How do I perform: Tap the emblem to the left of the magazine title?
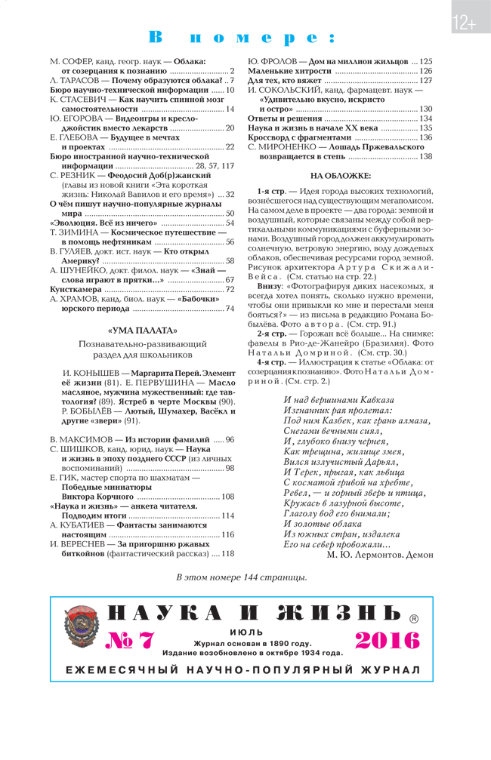pyautogui.click(x=78, y=626)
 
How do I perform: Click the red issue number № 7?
pyautogui.click(x=131, y=640)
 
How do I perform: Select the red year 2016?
pyautogui.click(x=387, y=640)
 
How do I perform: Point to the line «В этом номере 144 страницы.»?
pyautogui.click(x=242, y=577)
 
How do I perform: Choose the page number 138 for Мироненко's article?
pyautogui.click(x=426, y=156)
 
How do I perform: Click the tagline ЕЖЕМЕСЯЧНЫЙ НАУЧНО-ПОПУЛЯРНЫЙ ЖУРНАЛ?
pyautogui.click(x=242, y=669)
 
